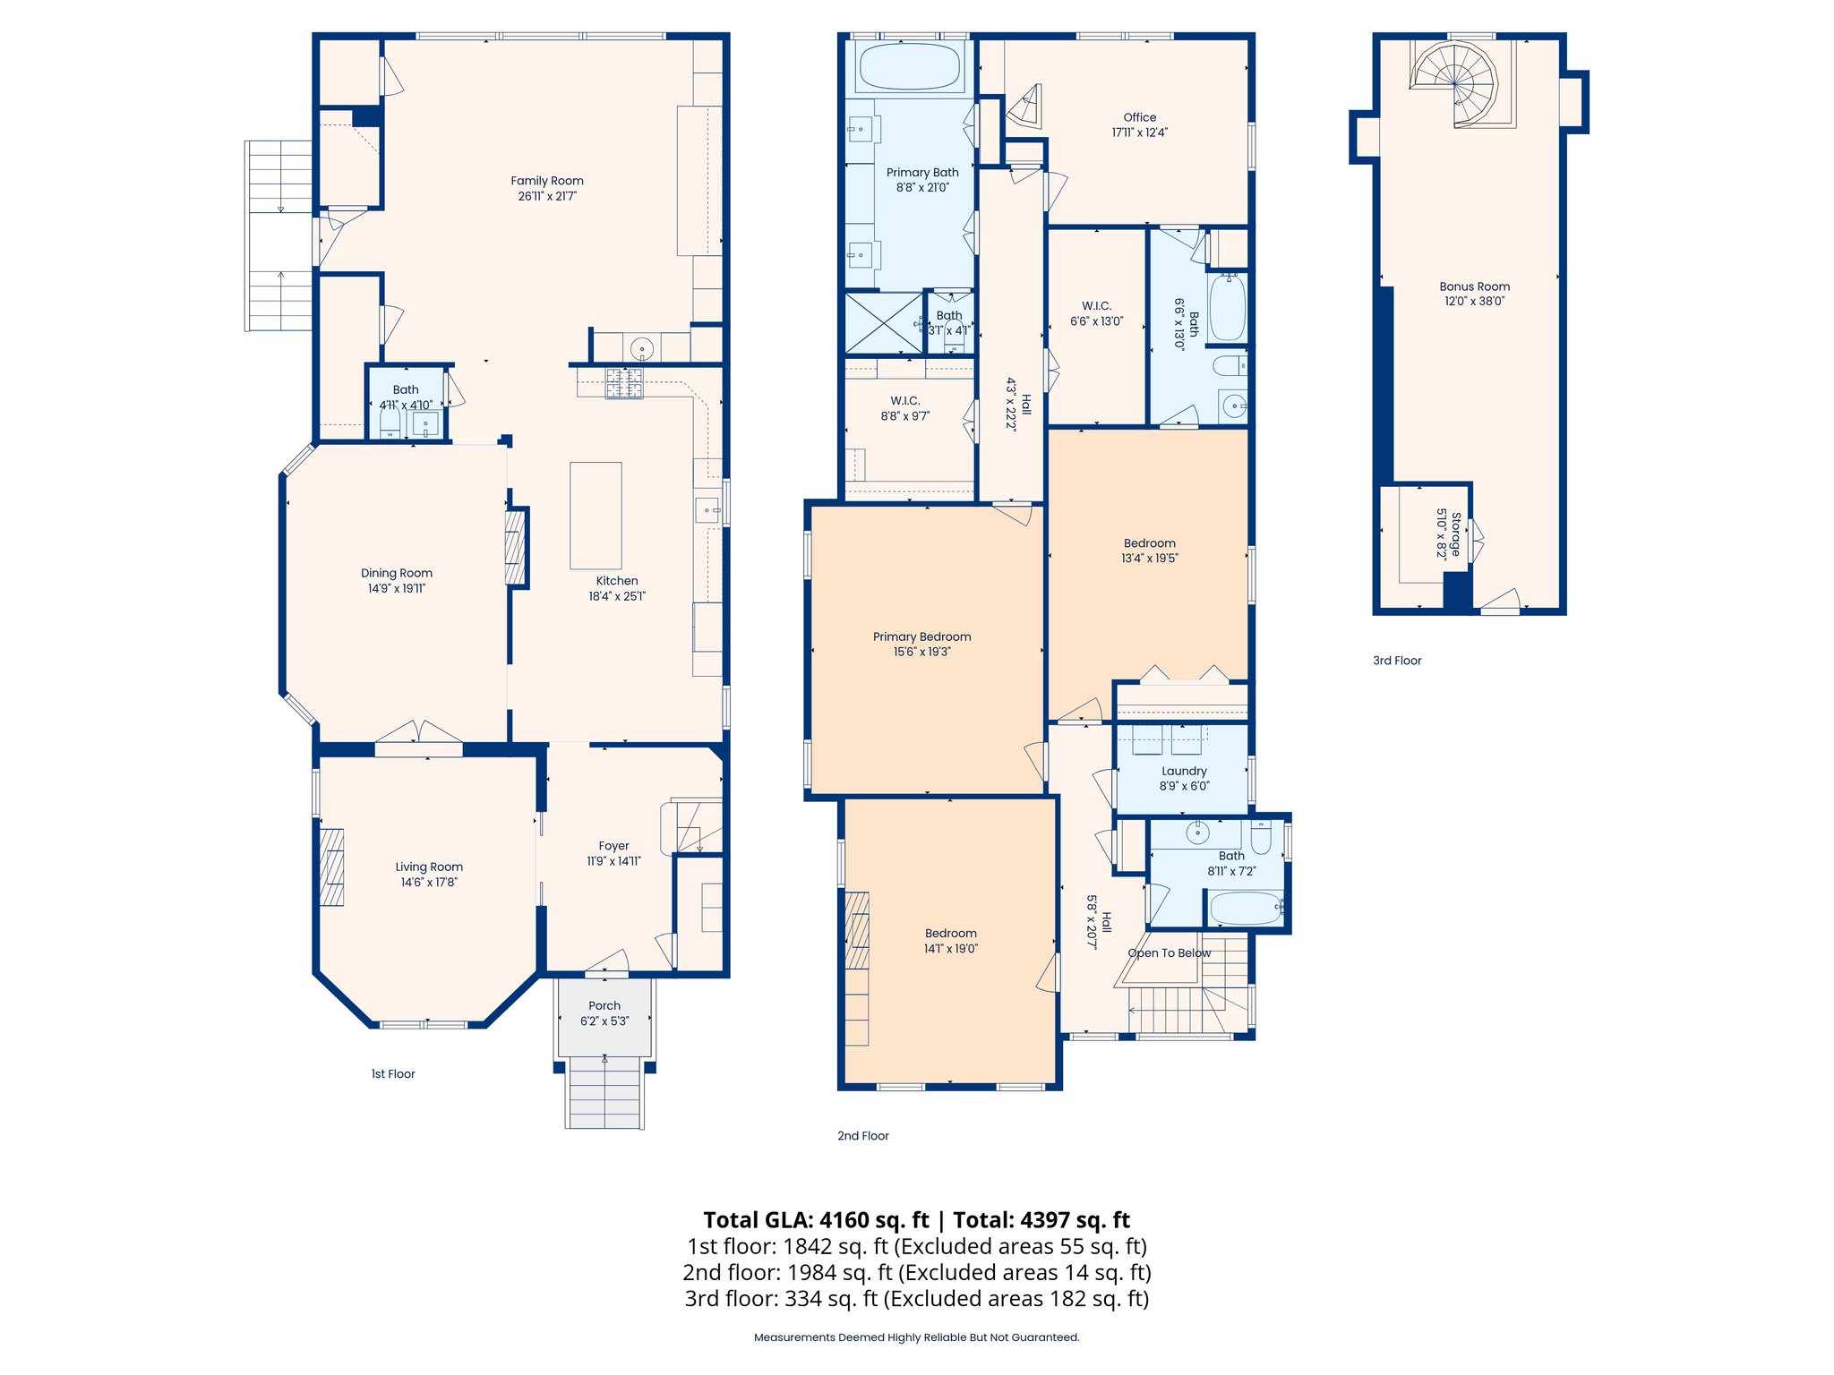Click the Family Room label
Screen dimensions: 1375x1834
[x=546, y=181]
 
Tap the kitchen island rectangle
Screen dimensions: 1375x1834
[x=596, y=516]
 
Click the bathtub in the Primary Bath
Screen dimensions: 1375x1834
[x=909, y=66]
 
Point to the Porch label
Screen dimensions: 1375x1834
[x=604, y=1005]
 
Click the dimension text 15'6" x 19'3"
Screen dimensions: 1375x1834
[x=921, y=652]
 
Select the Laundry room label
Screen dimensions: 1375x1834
[x=1184, y=771]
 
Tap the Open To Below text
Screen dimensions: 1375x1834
[x=1169, y=952]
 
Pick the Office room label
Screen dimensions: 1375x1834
[x=1139, y=117]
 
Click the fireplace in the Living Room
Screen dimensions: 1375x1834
[x=332, y=867]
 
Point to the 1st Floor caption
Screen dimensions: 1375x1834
[x=393, y=1073]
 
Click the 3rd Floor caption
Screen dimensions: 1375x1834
[x=1397, y=661]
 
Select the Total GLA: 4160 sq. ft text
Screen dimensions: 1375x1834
[x=816, y=1220]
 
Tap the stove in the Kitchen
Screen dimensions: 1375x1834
[x=624, y=383]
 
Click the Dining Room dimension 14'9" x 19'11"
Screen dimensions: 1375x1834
[x=396, y=588]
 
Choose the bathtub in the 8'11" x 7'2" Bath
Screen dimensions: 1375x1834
[x=1246, y=909]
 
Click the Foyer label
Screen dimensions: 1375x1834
[x=613, y=846]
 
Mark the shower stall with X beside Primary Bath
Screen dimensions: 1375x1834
[x=883, y=322]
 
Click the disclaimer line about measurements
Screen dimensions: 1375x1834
[x=916, y=1337]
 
